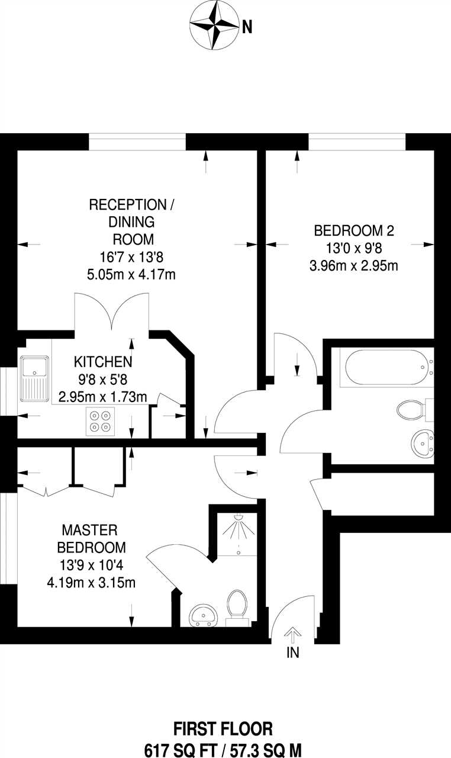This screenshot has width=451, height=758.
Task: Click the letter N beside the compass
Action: click(x=247, y=27)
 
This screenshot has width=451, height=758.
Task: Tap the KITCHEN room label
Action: click(x=103, y=362)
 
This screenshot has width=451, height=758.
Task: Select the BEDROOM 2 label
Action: click(x=354, y=231)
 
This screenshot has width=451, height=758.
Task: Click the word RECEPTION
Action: click(x=128, y=205)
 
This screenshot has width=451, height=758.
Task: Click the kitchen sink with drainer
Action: click(x=34, y=378)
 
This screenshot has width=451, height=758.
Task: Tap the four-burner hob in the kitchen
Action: click(x=101, y=421)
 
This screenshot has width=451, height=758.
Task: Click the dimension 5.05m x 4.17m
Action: click(x=131, y=274)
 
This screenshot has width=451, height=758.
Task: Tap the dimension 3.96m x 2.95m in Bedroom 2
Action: click(x=354, y=266)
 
